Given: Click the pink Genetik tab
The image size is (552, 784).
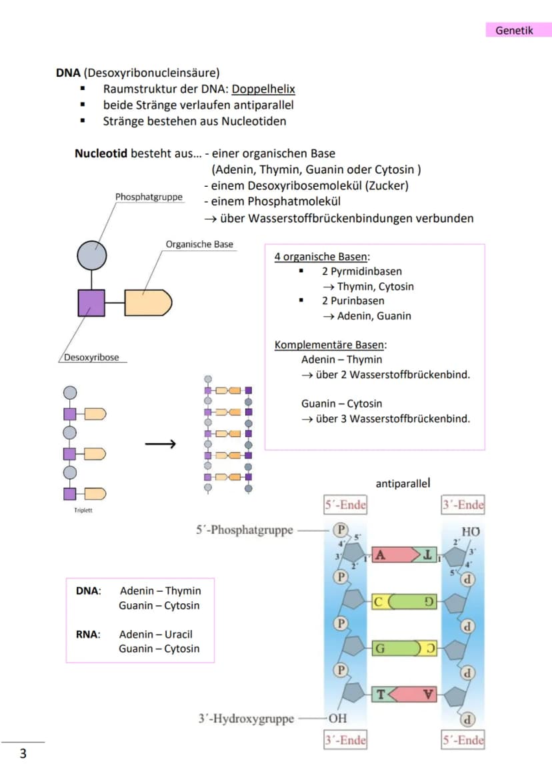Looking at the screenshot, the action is (519, 30).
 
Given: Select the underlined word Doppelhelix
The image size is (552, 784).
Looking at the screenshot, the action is (263, 89).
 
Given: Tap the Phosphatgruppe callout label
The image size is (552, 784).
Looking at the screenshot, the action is (149, 197).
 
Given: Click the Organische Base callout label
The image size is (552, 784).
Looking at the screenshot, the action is (199, 244).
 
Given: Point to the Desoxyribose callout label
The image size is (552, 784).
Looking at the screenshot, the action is (91, 358).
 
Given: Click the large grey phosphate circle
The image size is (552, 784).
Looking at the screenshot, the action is (91, 256).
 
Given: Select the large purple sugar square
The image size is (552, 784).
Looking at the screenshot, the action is (91, 303).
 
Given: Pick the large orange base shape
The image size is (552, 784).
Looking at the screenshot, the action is (148, 303).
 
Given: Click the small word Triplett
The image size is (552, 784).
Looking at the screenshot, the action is (83, 510).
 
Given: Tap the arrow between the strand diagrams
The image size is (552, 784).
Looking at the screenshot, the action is (161, 444).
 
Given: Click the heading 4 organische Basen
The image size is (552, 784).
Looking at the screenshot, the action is (321, 256).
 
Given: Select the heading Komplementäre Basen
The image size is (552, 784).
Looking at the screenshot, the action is (329, 344).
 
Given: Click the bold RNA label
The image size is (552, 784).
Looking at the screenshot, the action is (88, 635).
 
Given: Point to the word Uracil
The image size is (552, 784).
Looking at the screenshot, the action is (179, 635).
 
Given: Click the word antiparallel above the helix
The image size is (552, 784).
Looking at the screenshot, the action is (402, 484).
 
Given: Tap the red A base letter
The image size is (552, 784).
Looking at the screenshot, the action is (380, 555).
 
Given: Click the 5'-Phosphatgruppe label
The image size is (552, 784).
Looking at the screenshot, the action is (245, 530).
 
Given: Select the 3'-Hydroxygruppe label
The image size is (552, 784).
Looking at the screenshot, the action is (246, 719).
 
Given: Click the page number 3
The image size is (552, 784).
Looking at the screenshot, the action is (23, 753).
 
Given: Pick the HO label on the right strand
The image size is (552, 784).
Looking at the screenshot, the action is (471, 532).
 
